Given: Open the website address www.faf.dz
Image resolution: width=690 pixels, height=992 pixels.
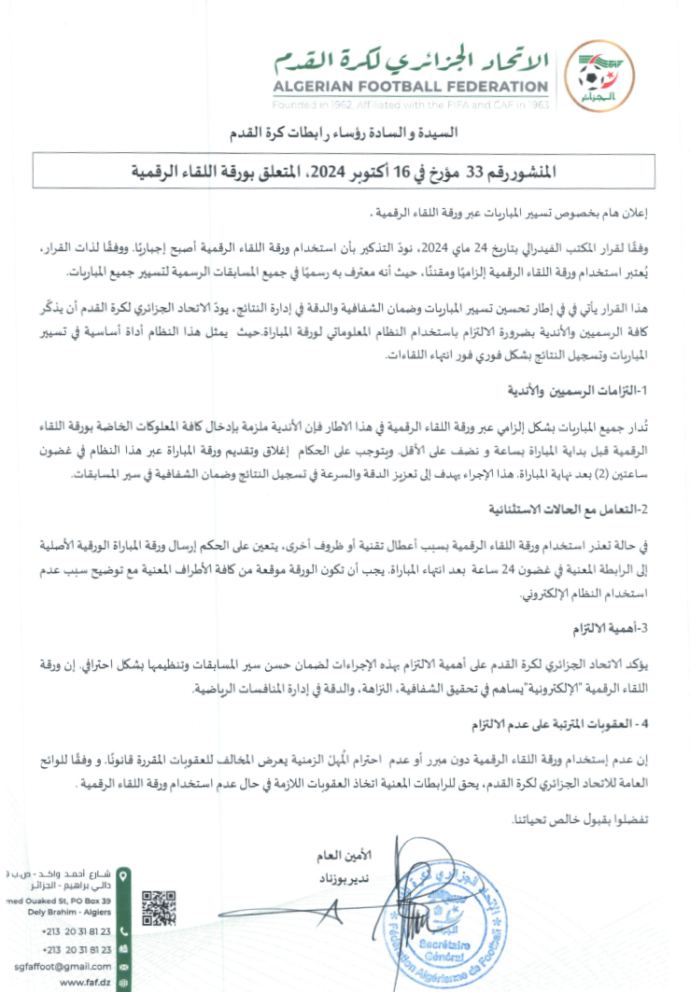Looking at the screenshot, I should tap(85, 982).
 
